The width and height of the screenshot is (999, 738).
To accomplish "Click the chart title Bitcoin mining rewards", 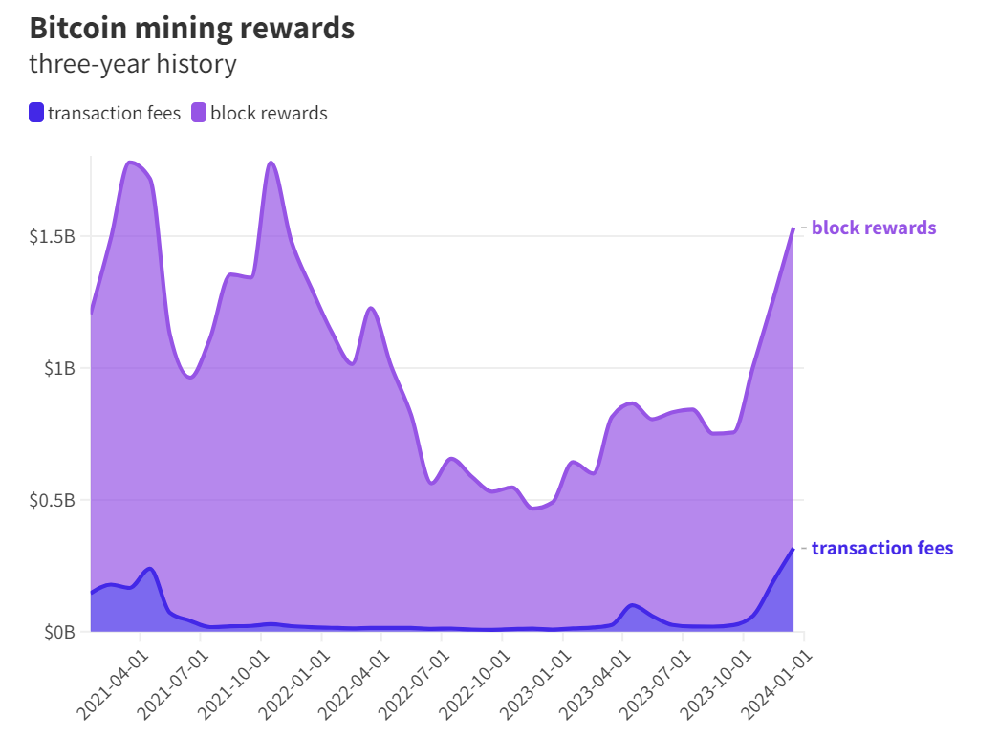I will [x=192, y=28].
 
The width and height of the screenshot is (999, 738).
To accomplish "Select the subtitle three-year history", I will [x=133, y=64].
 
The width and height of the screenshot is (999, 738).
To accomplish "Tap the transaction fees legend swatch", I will [x=36, y=113].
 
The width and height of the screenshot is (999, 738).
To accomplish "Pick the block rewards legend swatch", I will [x=199, y=113].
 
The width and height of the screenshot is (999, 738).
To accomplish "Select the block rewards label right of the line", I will [x=874, y=228].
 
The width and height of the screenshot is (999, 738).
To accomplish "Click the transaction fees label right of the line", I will [x=882, y=548].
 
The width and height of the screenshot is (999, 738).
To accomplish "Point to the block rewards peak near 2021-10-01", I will [x=271, y=163].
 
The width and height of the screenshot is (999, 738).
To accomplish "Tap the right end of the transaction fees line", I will [x=793, y=549].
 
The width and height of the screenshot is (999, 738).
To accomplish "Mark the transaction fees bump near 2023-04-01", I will [x=632, y=605].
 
